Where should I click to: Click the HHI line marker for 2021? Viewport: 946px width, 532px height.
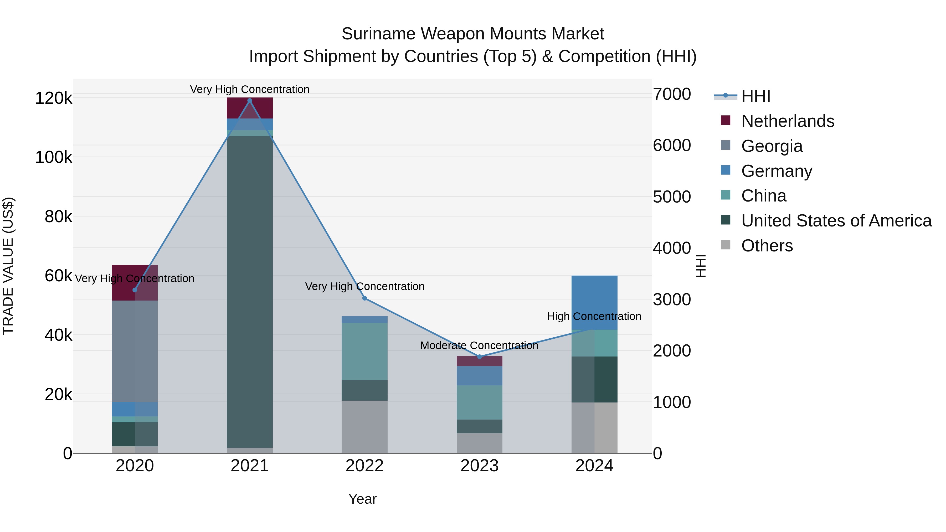[250, 101]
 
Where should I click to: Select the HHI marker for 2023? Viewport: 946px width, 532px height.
[479, 357]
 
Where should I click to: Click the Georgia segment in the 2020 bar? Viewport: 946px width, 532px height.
[134, 351]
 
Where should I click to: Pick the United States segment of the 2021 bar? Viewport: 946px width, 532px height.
[250, 292]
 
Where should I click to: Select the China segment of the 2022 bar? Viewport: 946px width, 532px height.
[364, 351]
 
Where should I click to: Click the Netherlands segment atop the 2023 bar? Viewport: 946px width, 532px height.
[479, 361]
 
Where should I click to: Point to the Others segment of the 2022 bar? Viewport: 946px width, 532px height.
[364, 427]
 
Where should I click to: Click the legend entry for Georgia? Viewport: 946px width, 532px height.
[772, 146]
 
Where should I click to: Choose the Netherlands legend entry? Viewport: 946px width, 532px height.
[787, 121]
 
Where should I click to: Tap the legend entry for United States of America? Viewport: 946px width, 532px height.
[836, 221]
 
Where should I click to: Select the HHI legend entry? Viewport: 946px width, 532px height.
[755, 96]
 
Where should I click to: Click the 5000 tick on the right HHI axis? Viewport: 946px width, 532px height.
[672, 197]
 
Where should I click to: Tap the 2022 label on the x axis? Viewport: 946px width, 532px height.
[364, 466]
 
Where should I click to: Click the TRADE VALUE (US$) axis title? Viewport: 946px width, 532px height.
[8, 266]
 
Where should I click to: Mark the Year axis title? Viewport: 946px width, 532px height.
[362, 499]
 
